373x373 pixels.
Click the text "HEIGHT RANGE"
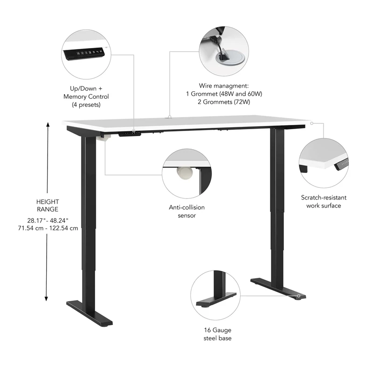(x=47, y=206)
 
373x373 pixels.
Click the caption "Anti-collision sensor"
(x=186, y=211)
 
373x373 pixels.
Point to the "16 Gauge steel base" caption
(x=217, y=334)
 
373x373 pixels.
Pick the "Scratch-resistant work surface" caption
(x=324, y=201)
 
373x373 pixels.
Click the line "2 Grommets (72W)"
(x=224, y=102)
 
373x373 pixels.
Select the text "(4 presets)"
(x=86, y=105)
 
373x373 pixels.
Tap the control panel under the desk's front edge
(x=130, y=133)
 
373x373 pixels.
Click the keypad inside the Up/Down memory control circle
(x=85, y=53)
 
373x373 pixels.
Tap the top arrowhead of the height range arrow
(x=47, y=124)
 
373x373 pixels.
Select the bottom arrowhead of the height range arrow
(x=47, y=299)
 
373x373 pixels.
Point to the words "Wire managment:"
(x=224, y=86)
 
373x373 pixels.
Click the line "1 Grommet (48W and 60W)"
(x=224, y=94)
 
